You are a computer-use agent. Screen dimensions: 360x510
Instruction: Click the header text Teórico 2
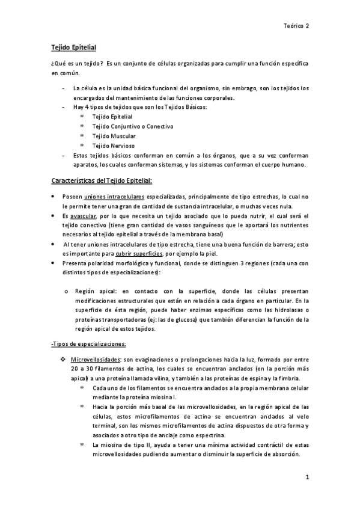click(297, 26)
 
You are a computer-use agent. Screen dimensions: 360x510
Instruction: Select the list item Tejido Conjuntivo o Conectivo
click(132, 126)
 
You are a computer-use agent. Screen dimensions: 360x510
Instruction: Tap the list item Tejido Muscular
click(114, 136)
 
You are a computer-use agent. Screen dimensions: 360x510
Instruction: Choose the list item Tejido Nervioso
click(113, 146)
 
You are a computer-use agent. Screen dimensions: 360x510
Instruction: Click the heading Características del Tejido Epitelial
click(101, 180)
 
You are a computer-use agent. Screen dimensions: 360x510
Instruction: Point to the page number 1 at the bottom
click(307, 478)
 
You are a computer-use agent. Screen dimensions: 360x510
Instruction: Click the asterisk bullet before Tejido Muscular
click(82, 136)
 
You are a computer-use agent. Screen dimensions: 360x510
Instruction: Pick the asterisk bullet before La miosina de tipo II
click(82, 445)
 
